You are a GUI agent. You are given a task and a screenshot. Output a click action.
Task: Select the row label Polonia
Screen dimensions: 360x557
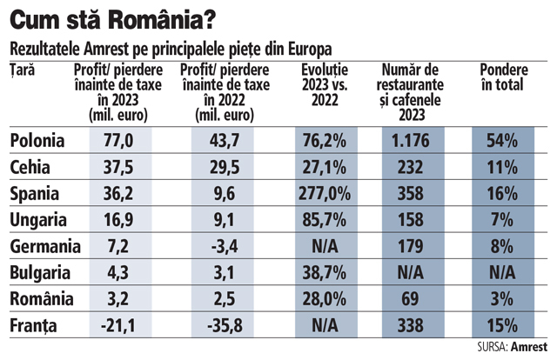click(36, 139)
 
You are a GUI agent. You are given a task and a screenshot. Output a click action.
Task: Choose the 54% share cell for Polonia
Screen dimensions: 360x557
click(503, 139)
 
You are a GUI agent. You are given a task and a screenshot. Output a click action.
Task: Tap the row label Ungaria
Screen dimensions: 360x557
click(35, 218)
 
